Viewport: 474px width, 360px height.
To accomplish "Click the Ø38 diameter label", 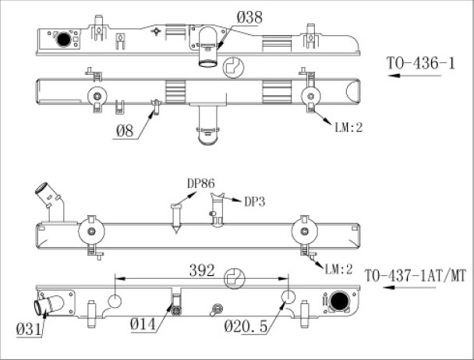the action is click(x=249, y=17).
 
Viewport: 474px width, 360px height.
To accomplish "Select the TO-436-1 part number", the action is click(x=420, y=63).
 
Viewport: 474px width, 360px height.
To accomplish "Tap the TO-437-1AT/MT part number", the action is click(x=416, y=276).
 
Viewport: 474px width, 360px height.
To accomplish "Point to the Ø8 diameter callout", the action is click(x=125, y=131).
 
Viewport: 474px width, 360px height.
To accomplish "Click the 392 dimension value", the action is click(x=202, y=270).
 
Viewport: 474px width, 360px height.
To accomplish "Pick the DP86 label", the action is click(x=201, y=183).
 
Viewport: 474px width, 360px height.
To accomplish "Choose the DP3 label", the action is click(x=254, y=202).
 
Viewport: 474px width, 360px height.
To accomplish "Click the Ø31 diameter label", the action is click(x=29, y=329).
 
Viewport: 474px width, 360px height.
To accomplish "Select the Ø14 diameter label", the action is click(x=143, y=324).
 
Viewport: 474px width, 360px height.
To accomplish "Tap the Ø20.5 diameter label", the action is click(x=246, y=326).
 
